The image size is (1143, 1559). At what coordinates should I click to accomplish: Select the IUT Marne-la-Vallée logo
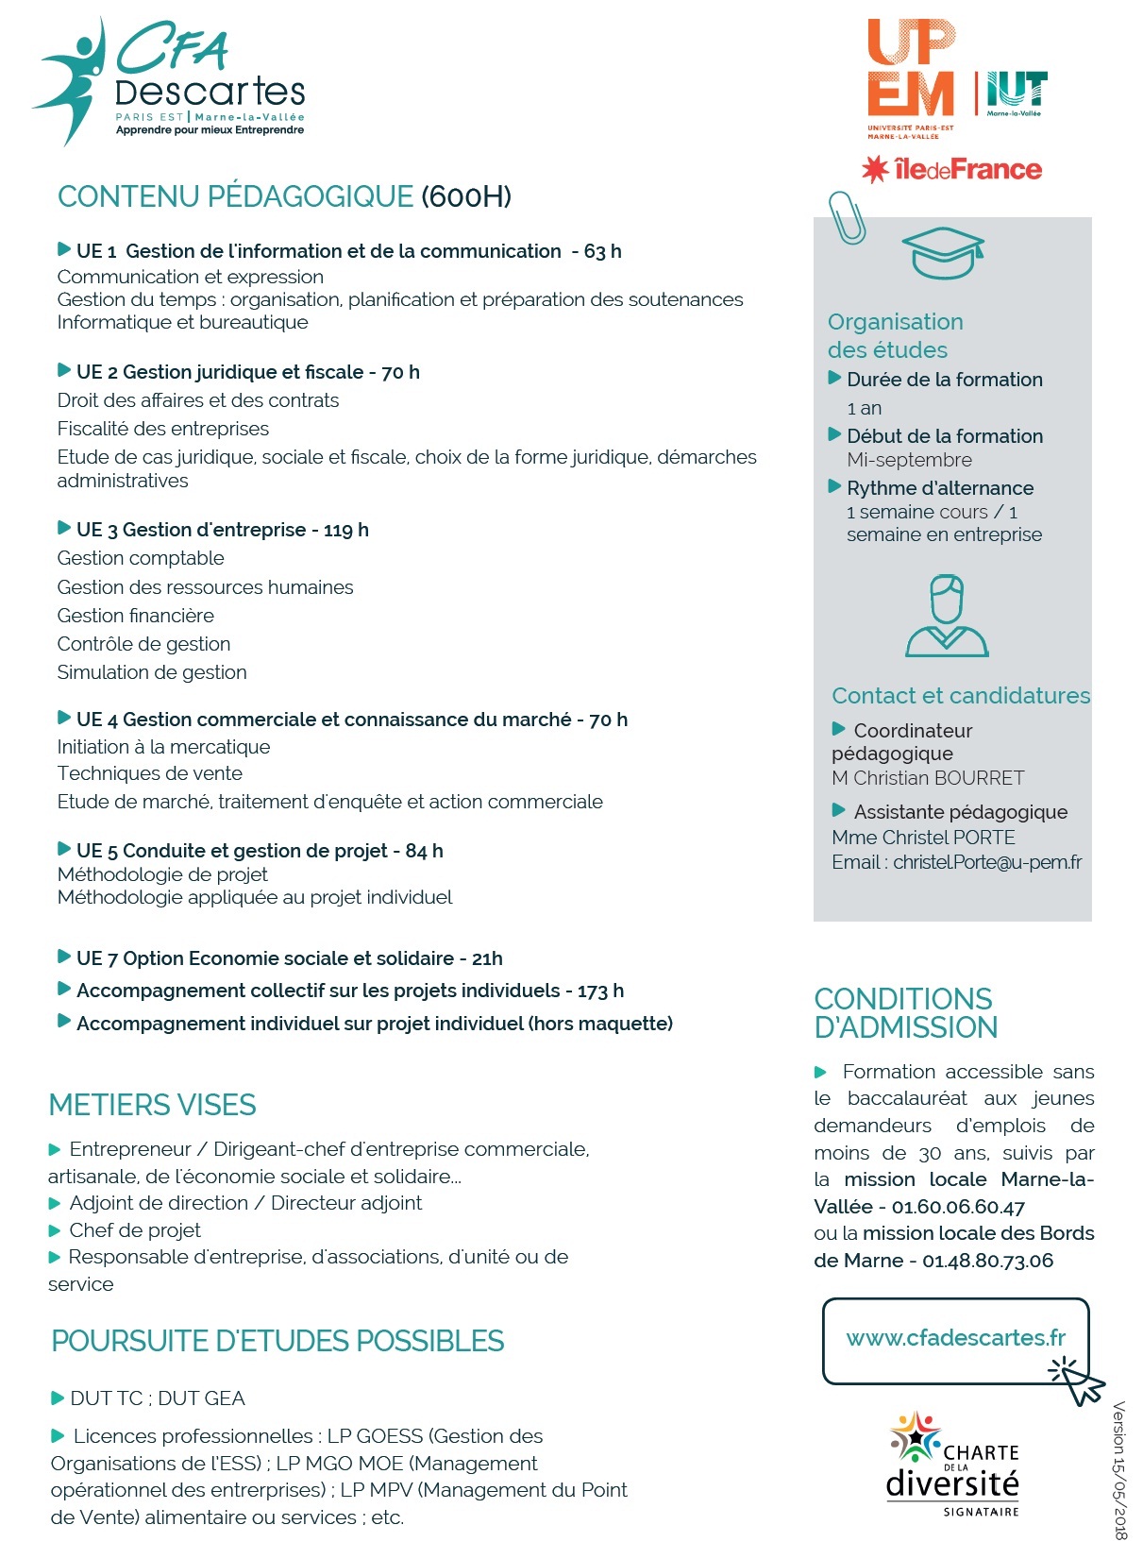point(1016,93)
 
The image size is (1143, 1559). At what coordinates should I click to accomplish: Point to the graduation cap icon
point(943,252)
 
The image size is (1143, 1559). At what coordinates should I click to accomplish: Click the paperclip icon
point(847,217)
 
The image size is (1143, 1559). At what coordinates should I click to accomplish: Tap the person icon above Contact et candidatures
point(947,616)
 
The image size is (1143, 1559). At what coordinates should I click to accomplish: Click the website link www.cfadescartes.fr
point(955,1338)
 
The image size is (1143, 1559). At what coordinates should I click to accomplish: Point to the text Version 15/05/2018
point(1119,1469)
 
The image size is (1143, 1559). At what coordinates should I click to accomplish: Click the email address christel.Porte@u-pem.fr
point(987,862)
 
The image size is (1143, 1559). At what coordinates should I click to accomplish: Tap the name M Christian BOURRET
point(928,778)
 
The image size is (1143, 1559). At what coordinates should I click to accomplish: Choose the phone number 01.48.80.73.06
point(987,1261)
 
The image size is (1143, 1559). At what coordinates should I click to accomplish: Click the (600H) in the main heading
point(466,196)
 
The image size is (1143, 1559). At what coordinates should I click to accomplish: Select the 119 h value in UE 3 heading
point(345,530)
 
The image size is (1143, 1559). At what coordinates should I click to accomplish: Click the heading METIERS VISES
point(152,1105)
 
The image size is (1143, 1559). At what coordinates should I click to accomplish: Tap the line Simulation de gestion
point(152,672)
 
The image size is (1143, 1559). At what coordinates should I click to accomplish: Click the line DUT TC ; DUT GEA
point(157,1398)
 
